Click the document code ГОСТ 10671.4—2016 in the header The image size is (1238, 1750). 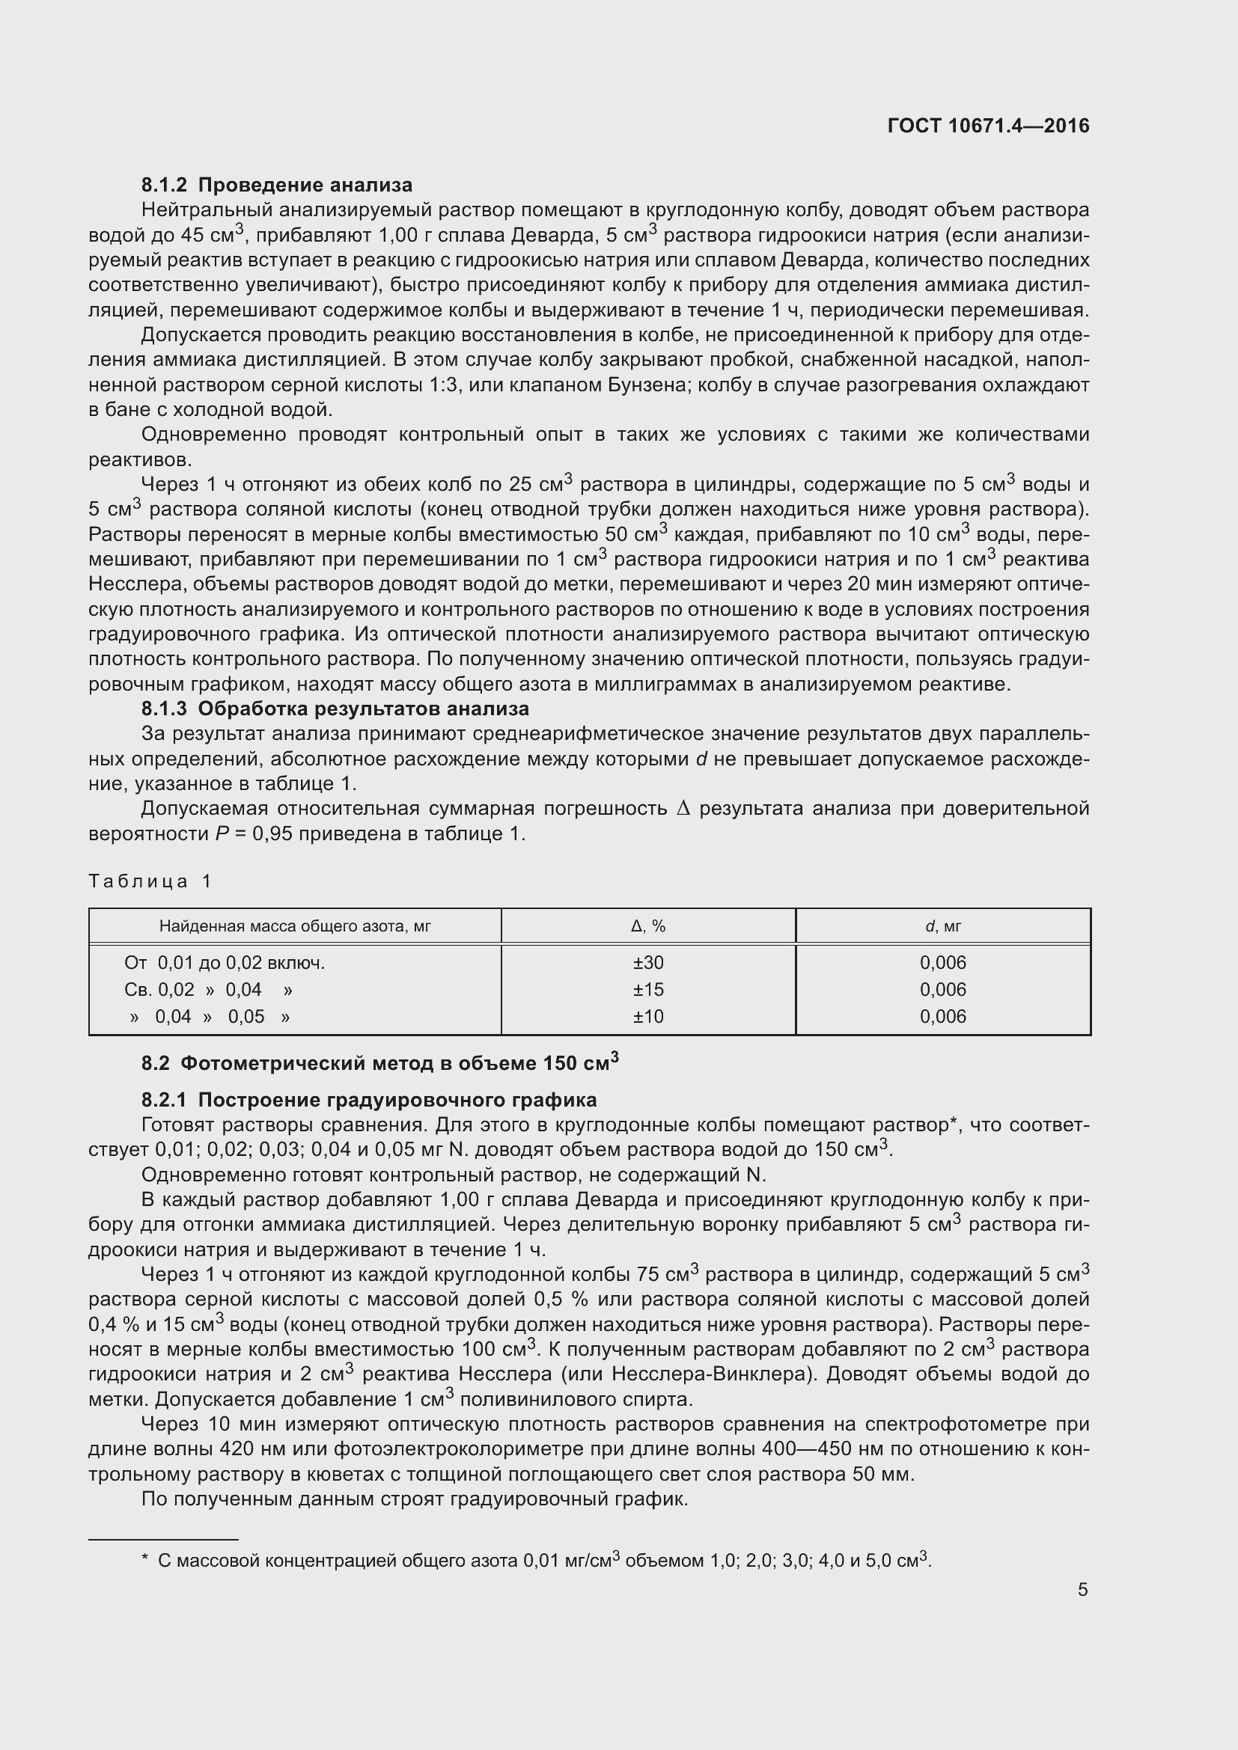pyautogui.click(x=988, y=126)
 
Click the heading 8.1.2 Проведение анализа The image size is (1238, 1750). pyautogui.click(x=277, y=185)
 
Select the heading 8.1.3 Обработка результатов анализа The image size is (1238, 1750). pyautogui.click(x=335, y=708)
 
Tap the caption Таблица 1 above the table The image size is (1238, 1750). pyautogui.click(x=150, y=881)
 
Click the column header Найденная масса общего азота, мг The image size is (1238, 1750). pyautogui.click(x=295, y=926)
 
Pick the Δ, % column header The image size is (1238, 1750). pyautogui.click(x=648, y=926)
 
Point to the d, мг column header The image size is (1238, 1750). pyautogui.click(x=943, y=926)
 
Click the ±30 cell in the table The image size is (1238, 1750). pyautogui.click(x=648, y=963)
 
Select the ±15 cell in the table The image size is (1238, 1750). pyautogui.click(x=648, y=989)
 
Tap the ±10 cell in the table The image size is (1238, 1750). pyautogui.click(x=648, y=1016)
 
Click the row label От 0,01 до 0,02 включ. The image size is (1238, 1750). pyautogui.click(x=224, y=963)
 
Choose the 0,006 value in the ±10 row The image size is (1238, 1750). pyautogui.click(x=943, y=1016)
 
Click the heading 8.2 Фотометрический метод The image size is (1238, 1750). pyautogui.click(x=379, y=1062)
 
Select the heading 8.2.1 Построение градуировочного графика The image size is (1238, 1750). pyautogui.click(x=369, y=1100)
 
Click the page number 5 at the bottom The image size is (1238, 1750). pyautogui.click(x=1082, y=1589)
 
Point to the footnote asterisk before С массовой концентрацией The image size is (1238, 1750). pyautogui.click(x=145, y=1559)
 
